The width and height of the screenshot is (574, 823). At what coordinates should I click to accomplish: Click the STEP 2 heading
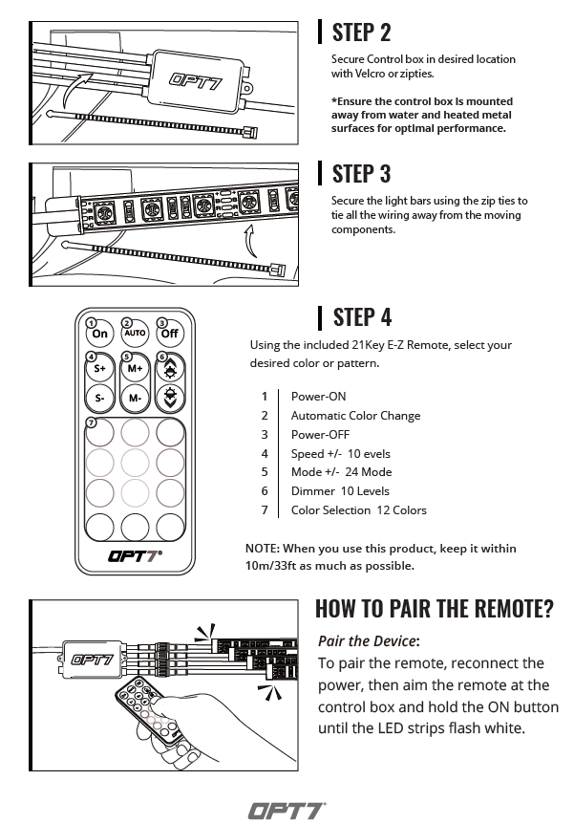361,32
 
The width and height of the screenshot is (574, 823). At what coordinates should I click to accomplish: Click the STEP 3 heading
361,173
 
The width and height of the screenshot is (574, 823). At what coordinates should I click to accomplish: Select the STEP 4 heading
362,316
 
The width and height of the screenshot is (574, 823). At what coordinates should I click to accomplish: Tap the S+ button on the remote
99,368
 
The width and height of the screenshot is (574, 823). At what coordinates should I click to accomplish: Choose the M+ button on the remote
135,368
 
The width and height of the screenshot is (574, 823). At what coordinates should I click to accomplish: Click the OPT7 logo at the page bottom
287,811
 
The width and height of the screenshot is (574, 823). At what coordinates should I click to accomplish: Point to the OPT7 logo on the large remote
134,553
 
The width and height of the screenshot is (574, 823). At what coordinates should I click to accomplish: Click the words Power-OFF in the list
319,434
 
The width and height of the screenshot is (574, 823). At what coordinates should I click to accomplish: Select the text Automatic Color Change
355,415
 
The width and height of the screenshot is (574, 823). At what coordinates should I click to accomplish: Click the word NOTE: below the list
264,549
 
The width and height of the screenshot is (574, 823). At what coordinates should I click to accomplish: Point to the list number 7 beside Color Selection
265,510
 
